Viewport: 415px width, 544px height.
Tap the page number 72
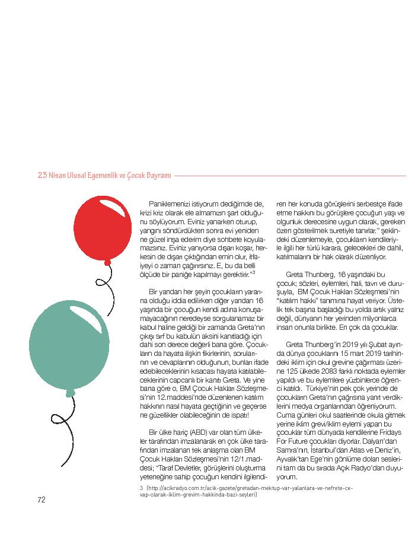(41, 500)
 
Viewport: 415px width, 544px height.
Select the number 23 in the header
(42, 176)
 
